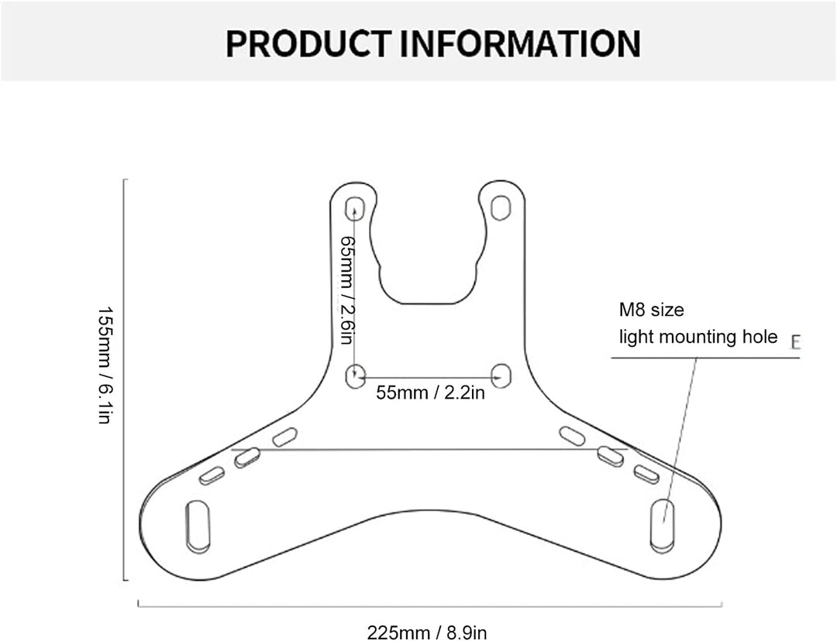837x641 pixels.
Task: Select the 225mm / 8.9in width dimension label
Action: [427, 632]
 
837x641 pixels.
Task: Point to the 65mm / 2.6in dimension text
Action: [347, 290]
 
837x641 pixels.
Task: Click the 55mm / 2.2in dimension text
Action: [430, 392]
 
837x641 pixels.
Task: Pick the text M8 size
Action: [651, 310]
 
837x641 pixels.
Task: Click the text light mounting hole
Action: [697, 337]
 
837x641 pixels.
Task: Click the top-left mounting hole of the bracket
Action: [356, 208]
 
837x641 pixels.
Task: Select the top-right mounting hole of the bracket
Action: [501, 207]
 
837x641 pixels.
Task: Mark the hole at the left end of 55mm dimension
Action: [355, 376]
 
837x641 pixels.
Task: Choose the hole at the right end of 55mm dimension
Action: [501, 375]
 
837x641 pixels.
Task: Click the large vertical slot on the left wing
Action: [197, 527]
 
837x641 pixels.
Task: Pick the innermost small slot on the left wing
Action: [284, 437]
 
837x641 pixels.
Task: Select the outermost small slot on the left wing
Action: [212, 476]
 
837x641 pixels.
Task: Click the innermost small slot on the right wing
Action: [573, 436]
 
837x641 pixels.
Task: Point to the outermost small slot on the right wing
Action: [646, 475]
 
